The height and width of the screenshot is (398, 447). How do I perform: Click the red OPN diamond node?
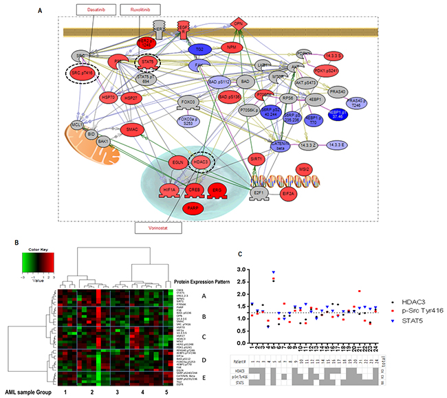pyautogui.click(x=239, y=25)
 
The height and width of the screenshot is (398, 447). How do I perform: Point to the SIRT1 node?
pyautogui.click(x=258, y=158)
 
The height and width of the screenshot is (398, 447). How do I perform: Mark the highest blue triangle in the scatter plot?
pyautogui.click(x=274, y=272)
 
